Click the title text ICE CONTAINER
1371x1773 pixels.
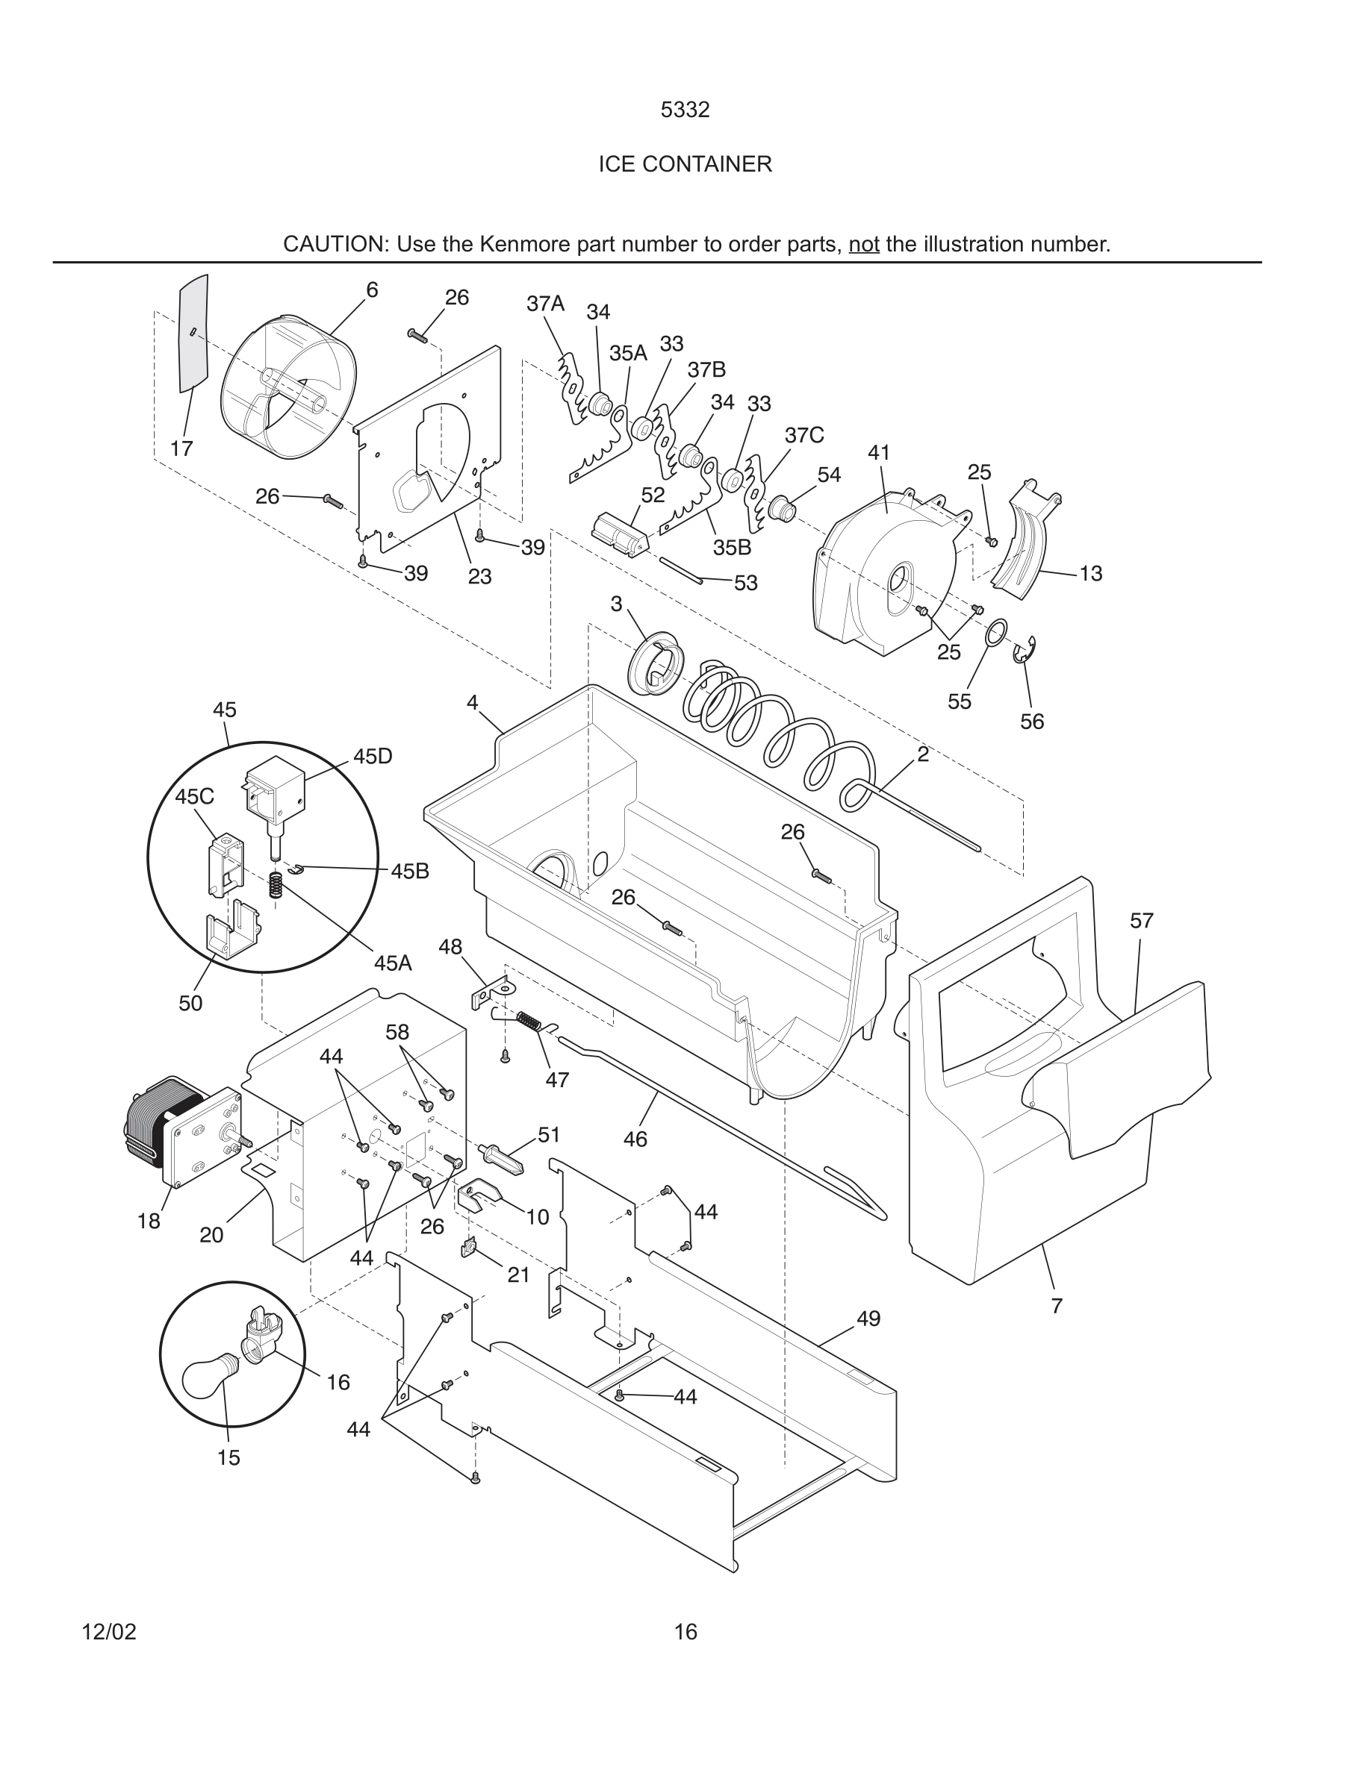685,164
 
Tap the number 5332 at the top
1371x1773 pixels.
685,110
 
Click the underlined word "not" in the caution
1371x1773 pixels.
864,244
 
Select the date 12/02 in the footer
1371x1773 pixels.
109,1632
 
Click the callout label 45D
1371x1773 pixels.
373,757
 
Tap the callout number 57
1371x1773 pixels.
1141,921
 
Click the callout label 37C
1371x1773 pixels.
804,436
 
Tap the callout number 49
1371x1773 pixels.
868,1319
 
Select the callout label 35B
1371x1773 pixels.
732,548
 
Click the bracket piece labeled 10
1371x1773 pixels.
479,1193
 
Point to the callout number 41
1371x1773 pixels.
879,453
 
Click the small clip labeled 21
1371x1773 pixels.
470,1248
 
